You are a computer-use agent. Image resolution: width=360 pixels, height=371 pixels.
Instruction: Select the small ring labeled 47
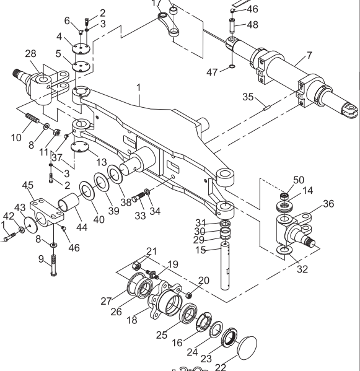coord(231,68)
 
